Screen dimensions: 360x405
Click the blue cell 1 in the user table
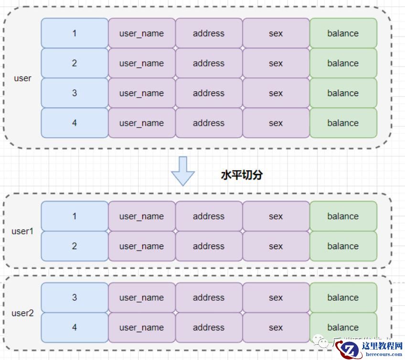coord(75,33)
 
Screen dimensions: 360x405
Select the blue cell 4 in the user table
coord(75,123)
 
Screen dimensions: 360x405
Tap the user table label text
coord(22,78)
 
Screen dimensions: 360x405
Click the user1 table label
coord(22,231)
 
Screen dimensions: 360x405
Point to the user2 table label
coord(22,314)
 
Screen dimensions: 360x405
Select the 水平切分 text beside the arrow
coord(242,175)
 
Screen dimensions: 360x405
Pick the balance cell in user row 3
coord(343,93)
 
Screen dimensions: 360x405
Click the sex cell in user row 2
coord(276,63)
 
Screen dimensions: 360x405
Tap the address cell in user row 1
coord(209,33)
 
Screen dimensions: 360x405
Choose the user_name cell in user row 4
coord(141,123)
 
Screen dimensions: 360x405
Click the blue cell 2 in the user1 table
coord(75,246)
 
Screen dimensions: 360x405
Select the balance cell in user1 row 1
coord(343,216)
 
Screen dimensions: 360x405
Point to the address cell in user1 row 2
coord(209,246)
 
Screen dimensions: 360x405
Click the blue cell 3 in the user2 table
coord(75,297)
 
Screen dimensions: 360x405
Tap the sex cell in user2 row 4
coord(276,327)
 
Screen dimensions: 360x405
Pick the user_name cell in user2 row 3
coord(141,297)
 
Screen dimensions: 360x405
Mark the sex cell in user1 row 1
coord(276,216)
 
